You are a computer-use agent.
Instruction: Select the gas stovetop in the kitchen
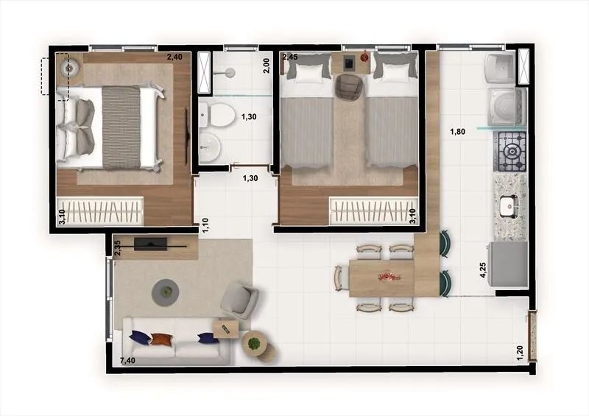tap(511, 152)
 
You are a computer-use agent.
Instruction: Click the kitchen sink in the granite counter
tap(509, 206)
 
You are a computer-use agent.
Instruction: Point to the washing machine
tap(507, 107)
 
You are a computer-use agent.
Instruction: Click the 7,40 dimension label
tap(127, 361)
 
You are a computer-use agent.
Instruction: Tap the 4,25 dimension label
tap(483, 269)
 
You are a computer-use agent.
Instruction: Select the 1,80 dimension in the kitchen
tap(457, 132)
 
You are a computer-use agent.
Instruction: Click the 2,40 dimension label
tap(174, 57)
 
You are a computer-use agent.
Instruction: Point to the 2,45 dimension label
tap(290, 57)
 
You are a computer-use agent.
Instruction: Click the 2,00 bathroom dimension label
tap(267, 66)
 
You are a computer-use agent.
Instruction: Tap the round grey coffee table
tap(165, 292)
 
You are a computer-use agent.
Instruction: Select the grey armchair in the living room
tap(239, 300)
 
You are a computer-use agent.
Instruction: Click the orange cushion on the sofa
tap(162, 339)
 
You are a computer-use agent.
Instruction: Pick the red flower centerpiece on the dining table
tap(389, 278)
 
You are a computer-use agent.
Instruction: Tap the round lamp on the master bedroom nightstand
tap(69, 68)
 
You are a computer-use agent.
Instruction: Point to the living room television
tap(150, 244)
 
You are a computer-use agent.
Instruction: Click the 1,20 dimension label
tap(520, 353)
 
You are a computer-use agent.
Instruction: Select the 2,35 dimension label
tap(118, 248)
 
